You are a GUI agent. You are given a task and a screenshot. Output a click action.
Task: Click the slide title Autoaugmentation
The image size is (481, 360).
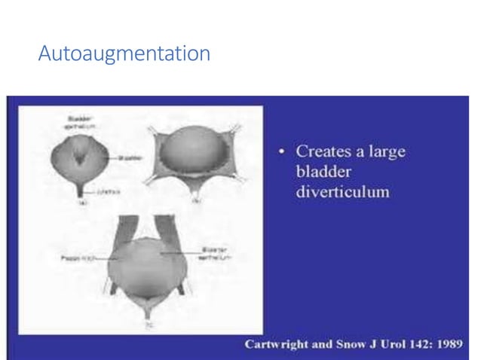(x=124, y=54)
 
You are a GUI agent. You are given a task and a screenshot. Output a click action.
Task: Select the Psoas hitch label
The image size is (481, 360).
(x=78, y=257)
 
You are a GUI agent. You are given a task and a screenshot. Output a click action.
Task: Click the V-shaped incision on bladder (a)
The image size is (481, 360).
(x=81, y=154)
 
